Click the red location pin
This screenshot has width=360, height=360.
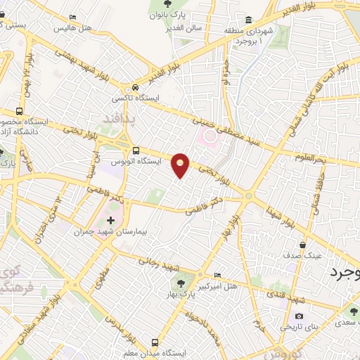pos(181,165)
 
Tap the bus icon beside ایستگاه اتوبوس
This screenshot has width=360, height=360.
pos(136,150)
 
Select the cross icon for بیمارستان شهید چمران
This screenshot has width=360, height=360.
pos(110,221)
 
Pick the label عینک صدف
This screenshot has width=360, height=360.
pos(302,256)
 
